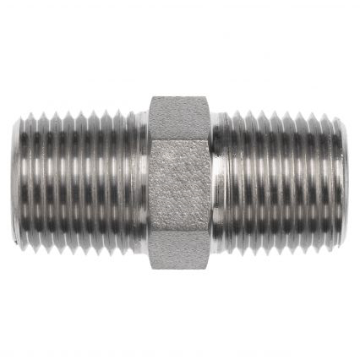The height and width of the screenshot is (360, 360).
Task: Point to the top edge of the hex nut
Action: (180, 96)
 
